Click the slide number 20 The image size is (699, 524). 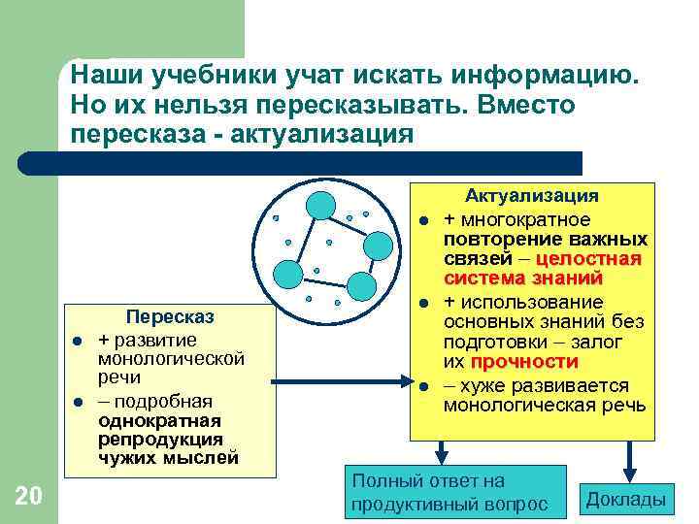pos(29,497)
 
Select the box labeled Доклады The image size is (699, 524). pos(626,500)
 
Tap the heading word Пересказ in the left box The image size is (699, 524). pos(170,317)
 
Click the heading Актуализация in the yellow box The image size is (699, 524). pos(531,196)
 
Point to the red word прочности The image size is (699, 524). pos(524,362)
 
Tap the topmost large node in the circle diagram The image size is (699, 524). pos(320,205)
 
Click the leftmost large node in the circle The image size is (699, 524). pos(287,274)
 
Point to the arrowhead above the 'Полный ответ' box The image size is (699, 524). pos(442,456)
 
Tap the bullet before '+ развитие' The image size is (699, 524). pos(75,341)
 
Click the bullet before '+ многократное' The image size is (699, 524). pos(424,218)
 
